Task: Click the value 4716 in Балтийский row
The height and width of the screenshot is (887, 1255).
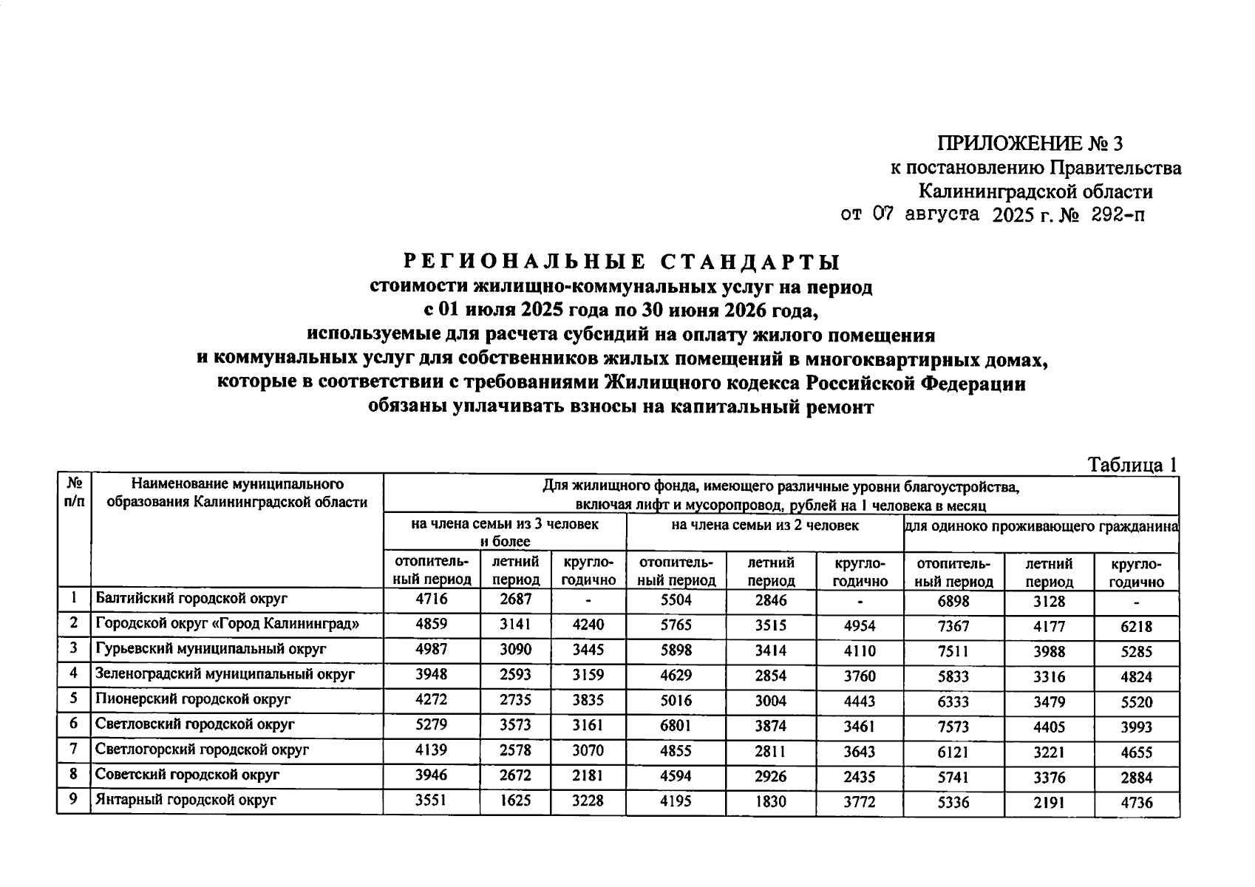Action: pyautogui.click(x=431, y=599)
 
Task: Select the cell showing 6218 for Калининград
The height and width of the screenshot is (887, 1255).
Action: pyautogui.click(x=1136, y=627)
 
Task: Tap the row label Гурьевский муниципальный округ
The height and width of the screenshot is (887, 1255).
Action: pyautogui.click(x=211, y=649)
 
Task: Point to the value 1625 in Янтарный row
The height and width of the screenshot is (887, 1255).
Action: pyautogui.click(x=514, y=800)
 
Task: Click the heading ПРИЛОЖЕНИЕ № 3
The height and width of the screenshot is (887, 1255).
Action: pyautogui.click(x=1030, y=143)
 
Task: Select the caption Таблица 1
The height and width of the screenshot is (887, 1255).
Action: pyautogui.click(x=1132, y=464)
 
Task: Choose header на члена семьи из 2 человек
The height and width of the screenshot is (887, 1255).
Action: pyautogui.click(x=764, y=526)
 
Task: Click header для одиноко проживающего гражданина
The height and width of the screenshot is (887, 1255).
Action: pyautogui.click(x=1041, y=526)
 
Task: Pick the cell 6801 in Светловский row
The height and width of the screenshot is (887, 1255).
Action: pyautogui.click(x=676, y=725)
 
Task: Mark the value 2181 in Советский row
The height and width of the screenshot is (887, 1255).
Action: pyautogui.click(x=588, y=775)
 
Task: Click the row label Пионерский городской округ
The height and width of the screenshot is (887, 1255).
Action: pyautogui.click(x=192, y=699)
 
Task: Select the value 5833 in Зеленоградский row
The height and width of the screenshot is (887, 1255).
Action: pyautogui.click(x=953, y=676)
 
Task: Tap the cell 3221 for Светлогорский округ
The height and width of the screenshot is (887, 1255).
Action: pyautogui.click(x=1049, y=752)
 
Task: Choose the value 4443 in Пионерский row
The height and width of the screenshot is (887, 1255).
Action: pyautogui.click(x=859, y=701)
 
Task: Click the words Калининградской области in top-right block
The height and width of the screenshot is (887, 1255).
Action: pyautogui.click(x=1035, y=192)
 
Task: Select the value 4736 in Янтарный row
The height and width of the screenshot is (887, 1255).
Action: pyautogui.click(x=1136, y=802)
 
